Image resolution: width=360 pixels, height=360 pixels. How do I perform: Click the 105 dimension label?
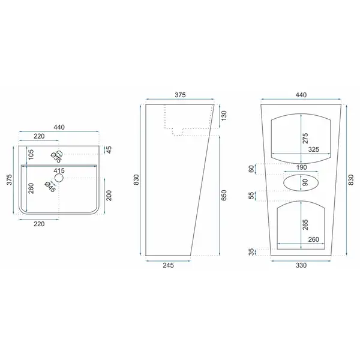click(31, 154)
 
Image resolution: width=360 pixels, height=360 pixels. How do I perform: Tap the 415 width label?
click(59, 170)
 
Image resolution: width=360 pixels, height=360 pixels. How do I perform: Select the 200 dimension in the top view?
click(109, 196)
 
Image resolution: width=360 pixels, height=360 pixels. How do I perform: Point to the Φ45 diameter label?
click(50, 187)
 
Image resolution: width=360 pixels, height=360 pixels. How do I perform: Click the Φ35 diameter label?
click(56, 158)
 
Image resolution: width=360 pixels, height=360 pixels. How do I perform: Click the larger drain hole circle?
click(59, 178)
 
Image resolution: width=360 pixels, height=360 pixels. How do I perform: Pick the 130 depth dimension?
click(224, 116)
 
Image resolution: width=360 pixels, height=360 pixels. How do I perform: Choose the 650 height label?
click(224, 195)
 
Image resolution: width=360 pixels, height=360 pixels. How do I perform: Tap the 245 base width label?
click(168, 265)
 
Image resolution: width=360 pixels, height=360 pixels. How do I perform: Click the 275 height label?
click(305, 139)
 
